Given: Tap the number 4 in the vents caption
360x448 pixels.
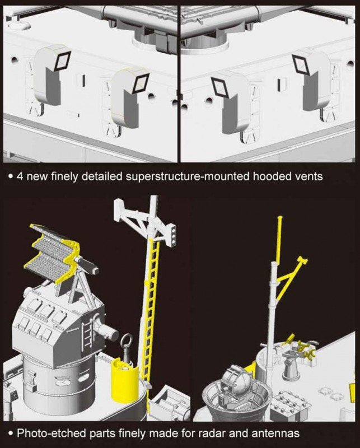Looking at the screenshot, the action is coord(20,176).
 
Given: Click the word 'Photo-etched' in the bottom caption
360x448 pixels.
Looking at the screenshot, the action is coord(52,433).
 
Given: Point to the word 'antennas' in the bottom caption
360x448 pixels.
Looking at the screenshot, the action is coord(275,433).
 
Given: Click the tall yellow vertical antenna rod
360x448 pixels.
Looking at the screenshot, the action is coord(279,240).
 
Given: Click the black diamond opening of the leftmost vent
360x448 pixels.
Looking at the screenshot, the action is coord(63,61).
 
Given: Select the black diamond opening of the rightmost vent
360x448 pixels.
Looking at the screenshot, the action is coord(301,64).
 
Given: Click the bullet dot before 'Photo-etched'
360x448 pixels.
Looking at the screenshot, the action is coord(11,433).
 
